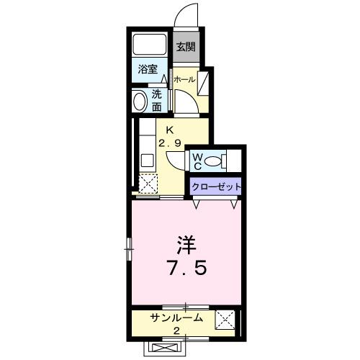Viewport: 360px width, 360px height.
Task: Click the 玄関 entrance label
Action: coord(186,48)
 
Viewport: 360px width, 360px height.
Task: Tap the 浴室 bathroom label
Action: coord(149,71)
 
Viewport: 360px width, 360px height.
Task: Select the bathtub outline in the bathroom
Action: coord(151,45)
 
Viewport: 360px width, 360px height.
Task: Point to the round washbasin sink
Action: coord(138,100)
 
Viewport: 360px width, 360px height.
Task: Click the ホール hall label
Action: coord(185,80)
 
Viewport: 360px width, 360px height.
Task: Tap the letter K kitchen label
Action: coord(170,130)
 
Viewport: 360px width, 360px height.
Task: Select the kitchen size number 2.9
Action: coord(170,143)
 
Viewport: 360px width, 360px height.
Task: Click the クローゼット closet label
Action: coord(215,186)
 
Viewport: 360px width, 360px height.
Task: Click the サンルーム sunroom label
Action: coord(176,318)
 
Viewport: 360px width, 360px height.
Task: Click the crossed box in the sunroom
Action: coord(225,319)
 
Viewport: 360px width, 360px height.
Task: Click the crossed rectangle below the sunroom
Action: coord(168,348)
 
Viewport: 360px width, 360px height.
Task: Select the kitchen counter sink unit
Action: coord(146,148)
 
